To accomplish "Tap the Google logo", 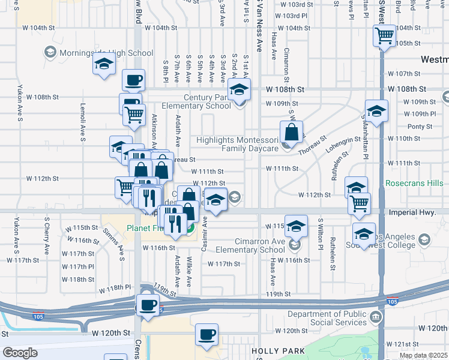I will point(20,352).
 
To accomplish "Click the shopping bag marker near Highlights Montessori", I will point(291,131).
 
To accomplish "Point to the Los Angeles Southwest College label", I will point(394,241).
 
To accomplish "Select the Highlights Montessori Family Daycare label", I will point(238,143).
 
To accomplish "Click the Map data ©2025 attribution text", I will point(423,355).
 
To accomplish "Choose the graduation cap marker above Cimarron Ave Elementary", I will point(295,226).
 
